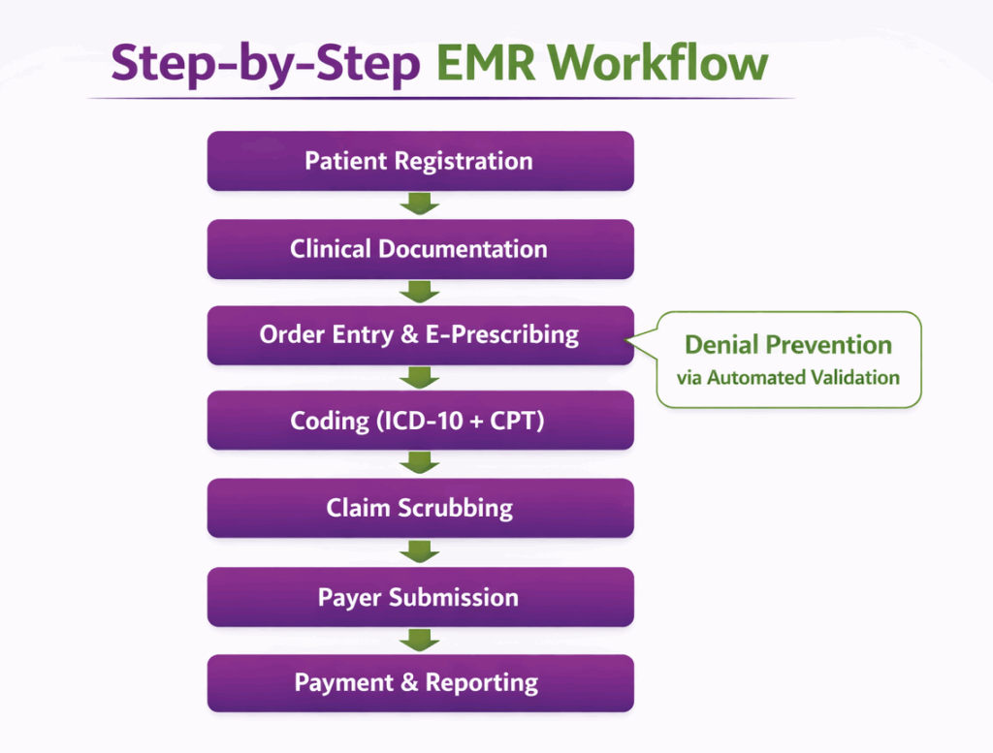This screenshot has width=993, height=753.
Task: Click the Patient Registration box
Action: (x=420, y=161)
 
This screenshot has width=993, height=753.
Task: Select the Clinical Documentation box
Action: (x=420, y=249)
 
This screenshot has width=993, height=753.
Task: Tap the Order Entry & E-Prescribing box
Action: (x=420, y=335)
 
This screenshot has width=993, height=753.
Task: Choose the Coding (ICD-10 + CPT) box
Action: (x=420, y=422)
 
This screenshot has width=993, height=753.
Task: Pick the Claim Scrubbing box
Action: (x=420, y=508)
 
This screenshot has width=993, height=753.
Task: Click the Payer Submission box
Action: (x=420, y=597)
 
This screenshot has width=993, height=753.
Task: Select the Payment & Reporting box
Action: (x=420, y=683)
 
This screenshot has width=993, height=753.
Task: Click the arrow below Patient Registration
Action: (x=420, y=204)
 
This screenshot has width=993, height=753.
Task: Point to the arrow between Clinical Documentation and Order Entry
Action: (x=420, y=292)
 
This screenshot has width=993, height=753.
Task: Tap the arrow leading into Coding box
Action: (x=420, y=378)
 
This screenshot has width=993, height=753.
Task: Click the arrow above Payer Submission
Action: (x=420, y=552)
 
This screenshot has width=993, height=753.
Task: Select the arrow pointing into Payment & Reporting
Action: (x=420, y=640)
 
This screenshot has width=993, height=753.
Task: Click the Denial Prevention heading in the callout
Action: (x=787, y=345)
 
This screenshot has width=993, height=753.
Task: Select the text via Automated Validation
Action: (x=787, y=378)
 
